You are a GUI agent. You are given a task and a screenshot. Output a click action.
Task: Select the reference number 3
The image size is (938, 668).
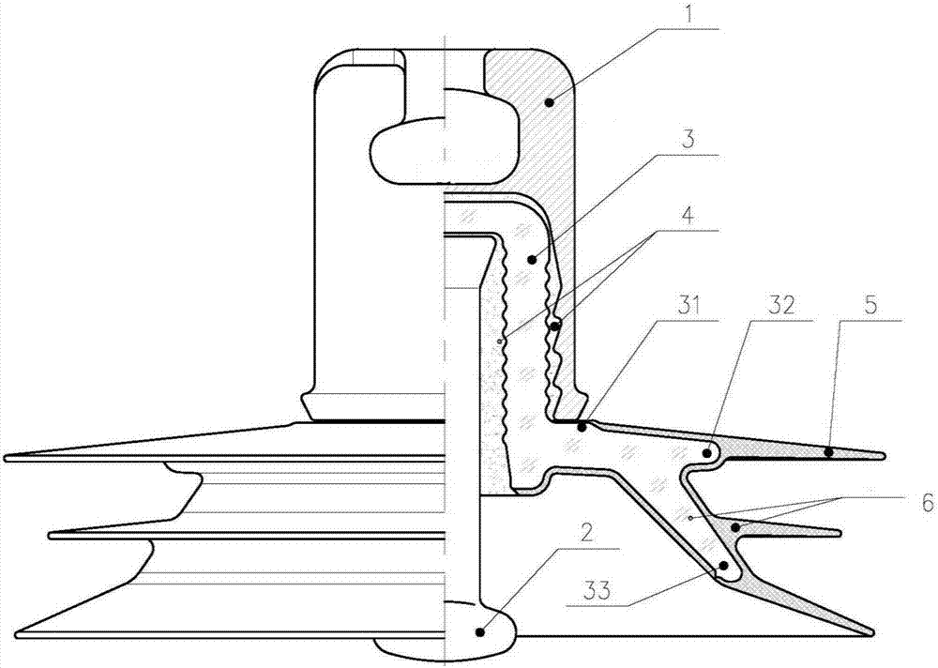(x=688, y=140)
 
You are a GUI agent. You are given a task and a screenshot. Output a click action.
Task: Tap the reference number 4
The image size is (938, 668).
(x=688, y=216)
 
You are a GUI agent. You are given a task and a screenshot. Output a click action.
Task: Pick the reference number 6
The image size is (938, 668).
(x=928, y=503)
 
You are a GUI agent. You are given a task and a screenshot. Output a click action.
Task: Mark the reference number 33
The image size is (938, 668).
(x=597, y=591)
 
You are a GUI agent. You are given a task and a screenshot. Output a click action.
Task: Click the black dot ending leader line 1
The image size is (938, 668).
(x=549, y=103)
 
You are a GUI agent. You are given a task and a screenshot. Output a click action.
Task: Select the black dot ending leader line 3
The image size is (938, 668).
(x=531, y=259)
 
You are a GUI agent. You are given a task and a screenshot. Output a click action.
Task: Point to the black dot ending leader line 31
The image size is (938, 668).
(x=581, y=428)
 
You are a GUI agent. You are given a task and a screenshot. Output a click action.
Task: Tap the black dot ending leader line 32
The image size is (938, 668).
(x=707, y=453)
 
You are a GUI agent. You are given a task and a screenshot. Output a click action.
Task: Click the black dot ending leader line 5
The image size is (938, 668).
(x=828, y=452)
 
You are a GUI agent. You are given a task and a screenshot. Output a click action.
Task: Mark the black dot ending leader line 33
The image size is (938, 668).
(x=724, y=565)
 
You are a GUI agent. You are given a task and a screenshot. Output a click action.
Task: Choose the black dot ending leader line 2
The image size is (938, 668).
(x=479, y=630)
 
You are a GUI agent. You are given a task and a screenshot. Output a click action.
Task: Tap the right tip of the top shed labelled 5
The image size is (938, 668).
(x=885, y=456)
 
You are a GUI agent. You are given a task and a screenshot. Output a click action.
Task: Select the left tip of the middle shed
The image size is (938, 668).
(x=50, y=535)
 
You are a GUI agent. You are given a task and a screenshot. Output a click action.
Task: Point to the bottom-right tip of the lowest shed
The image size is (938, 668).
(x=873, y=632)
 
